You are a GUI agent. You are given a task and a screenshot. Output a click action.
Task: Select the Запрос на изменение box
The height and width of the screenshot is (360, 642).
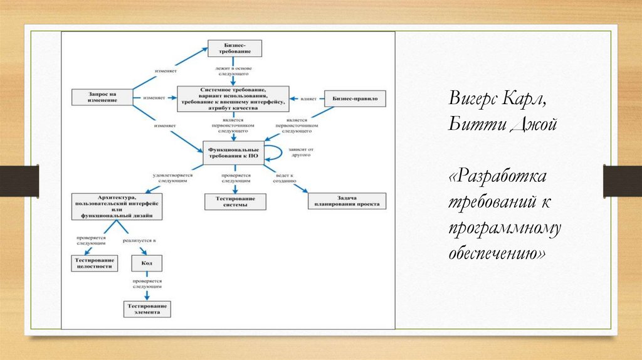pos(95,97)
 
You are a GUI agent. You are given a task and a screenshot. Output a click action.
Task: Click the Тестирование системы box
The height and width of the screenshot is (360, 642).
pos(235,201)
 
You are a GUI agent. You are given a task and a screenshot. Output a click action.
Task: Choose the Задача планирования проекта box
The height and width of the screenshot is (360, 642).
pos(347,201)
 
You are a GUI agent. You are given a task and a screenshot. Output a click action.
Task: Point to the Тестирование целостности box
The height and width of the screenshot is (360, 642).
pos(95,263)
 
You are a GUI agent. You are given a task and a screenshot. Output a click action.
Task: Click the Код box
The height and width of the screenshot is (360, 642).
pos(146,263)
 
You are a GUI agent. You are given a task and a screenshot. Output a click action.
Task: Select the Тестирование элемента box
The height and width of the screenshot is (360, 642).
pos(146,309)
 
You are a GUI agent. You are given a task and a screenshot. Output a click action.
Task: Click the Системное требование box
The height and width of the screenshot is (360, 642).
pos(233,98)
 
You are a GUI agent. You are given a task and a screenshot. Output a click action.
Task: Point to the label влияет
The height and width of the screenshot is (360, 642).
pos(308,98)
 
